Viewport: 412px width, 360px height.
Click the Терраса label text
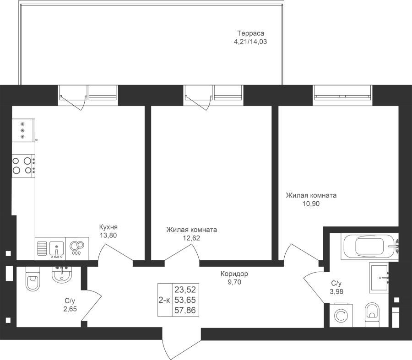click(251, 33)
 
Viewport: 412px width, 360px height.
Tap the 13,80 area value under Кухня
click(108, 235)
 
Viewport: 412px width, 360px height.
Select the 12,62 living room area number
click(191, 238)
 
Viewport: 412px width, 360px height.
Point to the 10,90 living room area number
click(311, 204)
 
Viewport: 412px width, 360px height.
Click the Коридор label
click(234, 274)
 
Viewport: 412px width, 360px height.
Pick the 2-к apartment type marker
click(164, 300)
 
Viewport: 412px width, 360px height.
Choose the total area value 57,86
click(185, 311)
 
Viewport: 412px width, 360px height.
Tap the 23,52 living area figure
click(185, 290)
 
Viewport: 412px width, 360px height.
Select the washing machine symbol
click(341, 315)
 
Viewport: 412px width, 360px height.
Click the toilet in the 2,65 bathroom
click(33, 279)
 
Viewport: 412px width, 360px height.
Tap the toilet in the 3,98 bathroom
click(372, 315)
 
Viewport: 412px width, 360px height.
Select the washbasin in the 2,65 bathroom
click(62, 274)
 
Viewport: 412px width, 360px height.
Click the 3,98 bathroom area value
click(336, 291)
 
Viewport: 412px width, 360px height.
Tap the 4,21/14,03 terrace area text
click(250, 42)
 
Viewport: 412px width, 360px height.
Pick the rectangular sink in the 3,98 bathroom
click(379, 277)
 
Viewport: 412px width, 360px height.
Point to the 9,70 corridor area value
click(234, 282)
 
